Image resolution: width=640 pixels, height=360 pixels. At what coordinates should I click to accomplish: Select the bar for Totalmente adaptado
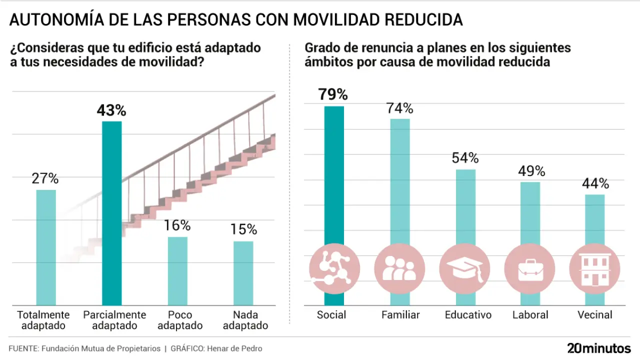[46, 247]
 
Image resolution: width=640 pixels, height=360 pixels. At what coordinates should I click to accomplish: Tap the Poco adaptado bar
[177, 270]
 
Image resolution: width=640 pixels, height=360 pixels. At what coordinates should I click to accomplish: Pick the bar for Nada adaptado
[243, 273]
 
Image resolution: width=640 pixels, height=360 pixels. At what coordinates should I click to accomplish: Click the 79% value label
[333, 94]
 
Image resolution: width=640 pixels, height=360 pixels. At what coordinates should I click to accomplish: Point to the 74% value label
[399, 108]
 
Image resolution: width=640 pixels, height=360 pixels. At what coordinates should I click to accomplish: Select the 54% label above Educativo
[465, 158]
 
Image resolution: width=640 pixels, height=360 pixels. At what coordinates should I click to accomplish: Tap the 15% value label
[243, 229]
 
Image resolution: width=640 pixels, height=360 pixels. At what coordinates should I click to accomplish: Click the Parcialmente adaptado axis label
[114, 320]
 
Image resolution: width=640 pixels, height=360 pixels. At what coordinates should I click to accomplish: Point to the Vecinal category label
[594, 315]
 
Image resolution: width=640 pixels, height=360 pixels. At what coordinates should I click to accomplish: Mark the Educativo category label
[468, 315]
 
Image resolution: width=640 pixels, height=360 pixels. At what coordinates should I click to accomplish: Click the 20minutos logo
[598, 348]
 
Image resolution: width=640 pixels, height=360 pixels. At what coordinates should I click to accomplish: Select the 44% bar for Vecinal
[595, 220]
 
